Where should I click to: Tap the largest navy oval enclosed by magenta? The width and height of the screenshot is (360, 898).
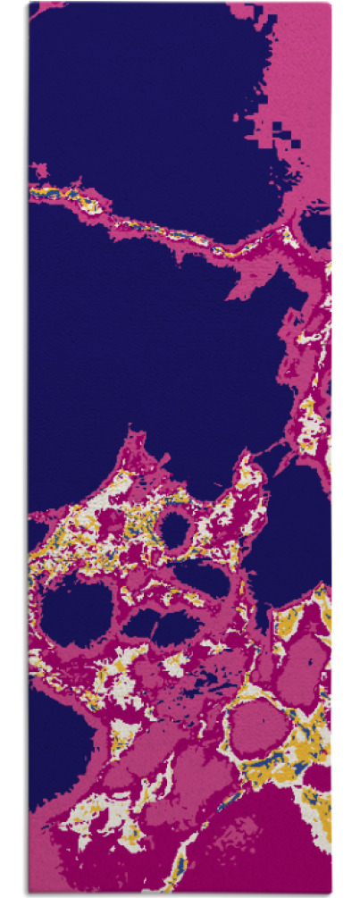(x=77, y=616)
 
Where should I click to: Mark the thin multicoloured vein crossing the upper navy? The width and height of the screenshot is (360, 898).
(x=161, y=223)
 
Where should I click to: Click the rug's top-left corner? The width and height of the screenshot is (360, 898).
(x=29, y=4)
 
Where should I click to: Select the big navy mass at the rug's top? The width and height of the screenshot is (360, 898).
(x=143, y=89)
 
